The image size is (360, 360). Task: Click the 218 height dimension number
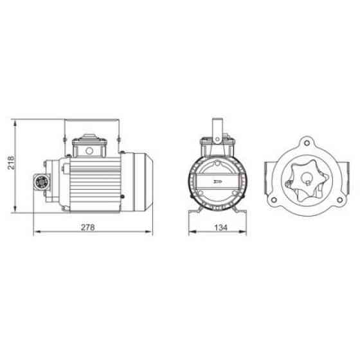tap(11, 163)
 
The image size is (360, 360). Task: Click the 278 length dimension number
tap(88, 228)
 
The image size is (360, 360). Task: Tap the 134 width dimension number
tap(221, 228)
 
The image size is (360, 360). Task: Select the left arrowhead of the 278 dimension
tap(37, 231)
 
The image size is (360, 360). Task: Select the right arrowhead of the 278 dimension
tap(148, 231)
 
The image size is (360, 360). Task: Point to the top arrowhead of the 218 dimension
tap(15, 124)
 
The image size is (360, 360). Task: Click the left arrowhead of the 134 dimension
tap(192, 231)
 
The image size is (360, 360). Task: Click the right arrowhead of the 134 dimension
tap(243, 231)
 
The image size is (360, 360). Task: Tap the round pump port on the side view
tap(42, 183)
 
